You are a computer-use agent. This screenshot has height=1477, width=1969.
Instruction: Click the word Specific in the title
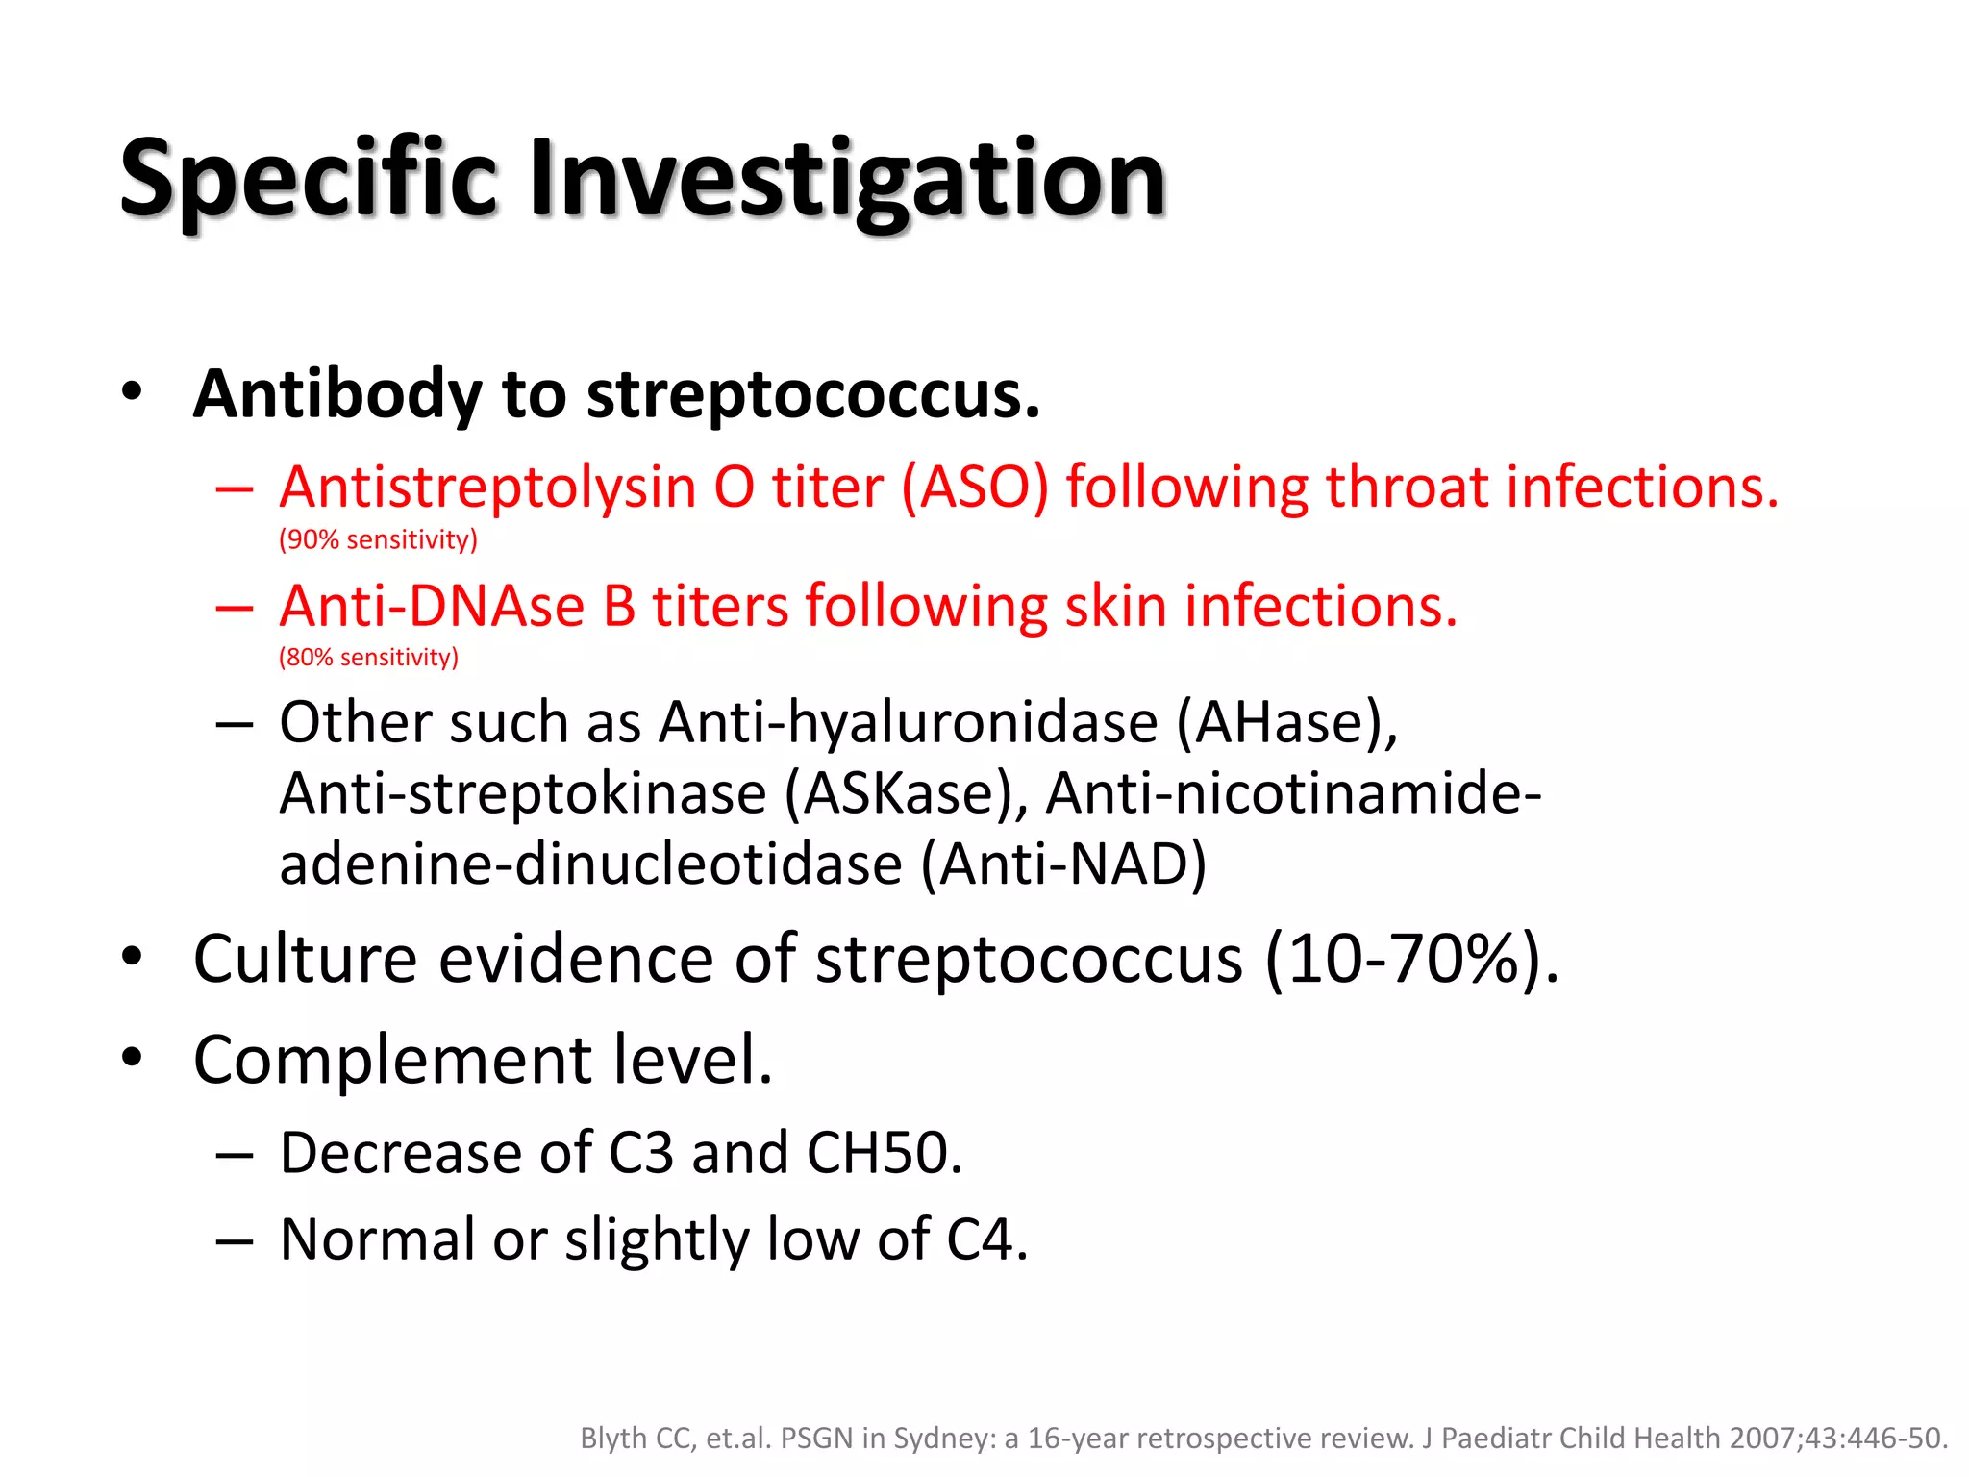click(308, 180)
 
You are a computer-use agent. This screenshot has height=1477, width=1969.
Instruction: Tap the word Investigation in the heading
click(846, 180)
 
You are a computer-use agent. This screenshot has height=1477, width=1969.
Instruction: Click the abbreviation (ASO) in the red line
click(974, 488)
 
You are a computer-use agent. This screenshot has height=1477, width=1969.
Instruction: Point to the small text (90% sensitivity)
click(378, 539)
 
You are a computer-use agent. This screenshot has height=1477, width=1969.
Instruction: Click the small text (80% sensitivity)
click(368, 658)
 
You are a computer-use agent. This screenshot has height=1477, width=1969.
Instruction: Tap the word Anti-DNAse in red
click(432, 607)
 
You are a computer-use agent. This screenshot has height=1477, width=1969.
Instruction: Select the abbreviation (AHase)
click(1287, 723)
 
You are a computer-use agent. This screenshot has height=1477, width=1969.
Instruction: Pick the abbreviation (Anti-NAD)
click(1063, 864)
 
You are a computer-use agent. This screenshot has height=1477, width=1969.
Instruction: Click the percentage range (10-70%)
click(1410, 960)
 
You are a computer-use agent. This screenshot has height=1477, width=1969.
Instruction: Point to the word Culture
click(305, 960)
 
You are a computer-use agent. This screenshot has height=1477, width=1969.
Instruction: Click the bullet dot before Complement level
click(133, 1059)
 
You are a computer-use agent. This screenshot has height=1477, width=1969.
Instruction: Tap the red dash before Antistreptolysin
click(235, 489)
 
